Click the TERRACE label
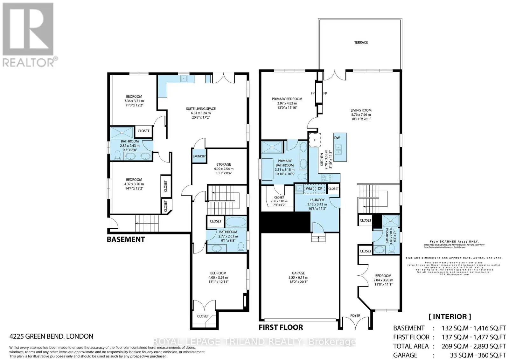click(x=361, y=42)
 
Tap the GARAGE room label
click(x=298, y=273)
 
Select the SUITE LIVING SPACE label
click(x=201, y=109)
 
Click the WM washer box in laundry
click(x=309, y=189)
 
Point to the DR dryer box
click(x=320, y=189)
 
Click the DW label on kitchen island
click(x=337, y=138)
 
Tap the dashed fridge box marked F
click(x=315, y=140)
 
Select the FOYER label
click(x=355, y=315)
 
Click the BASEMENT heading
click(x=126, y=239)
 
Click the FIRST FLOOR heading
click(x=281, y=327)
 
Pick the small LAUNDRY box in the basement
click(x=199, y=156)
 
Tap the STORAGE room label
click(x=223, y=164)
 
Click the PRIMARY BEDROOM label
click(x=287, y=99)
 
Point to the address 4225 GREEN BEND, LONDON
click(x=51, y=336)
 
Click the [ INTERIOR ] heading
click(x=450, y=316)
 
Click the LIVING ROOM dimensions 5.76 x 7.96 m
click(x=361, y=114)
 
